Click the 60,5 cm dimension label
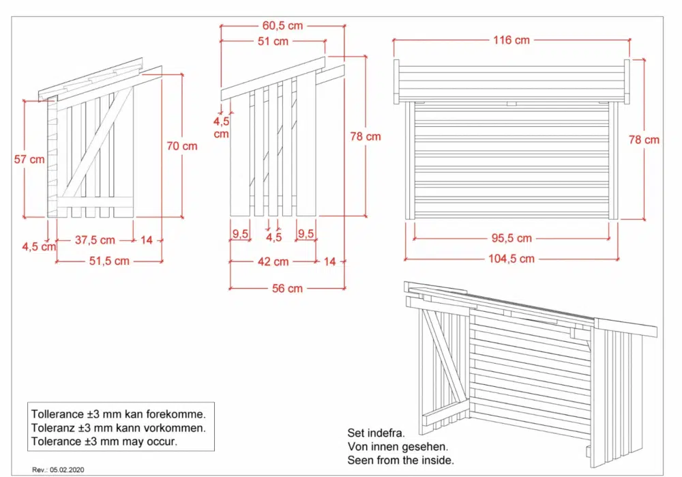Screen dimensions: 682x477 (282, 26)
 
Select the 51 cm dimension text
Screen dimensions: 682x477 (273, 42)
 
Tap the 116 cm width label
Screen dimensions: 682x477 (511, 40)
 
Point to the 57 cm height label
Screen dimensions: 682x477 (29, 159)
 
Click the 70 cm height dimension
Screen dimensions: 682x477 (182, 146)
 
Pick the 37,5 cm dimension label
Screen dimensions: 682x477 (95, 240)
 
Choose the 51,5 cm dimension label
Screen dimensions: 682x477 (109, 261)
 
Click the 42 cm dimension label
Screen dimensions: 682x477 (273, 261)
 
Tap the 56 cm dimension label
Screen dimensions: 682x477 (287, 289)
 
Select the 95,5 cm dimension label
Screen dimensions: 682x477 (512, 238)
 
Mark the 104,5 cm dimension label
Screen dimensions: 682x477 (511, 259)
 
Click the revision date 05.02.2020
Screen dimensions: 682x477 (67, 469)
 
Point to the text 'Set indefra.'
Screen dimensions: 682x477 (376, 433)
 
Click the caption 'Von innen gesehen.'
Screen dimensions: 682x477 (398, 446)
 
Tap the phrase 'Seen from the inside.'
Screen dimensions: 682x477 (400, 460)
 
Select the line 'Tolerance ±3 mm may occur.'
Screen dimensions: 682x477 (104, 442)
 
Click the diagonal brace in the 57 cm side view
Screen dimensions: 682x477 (98, 143)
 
